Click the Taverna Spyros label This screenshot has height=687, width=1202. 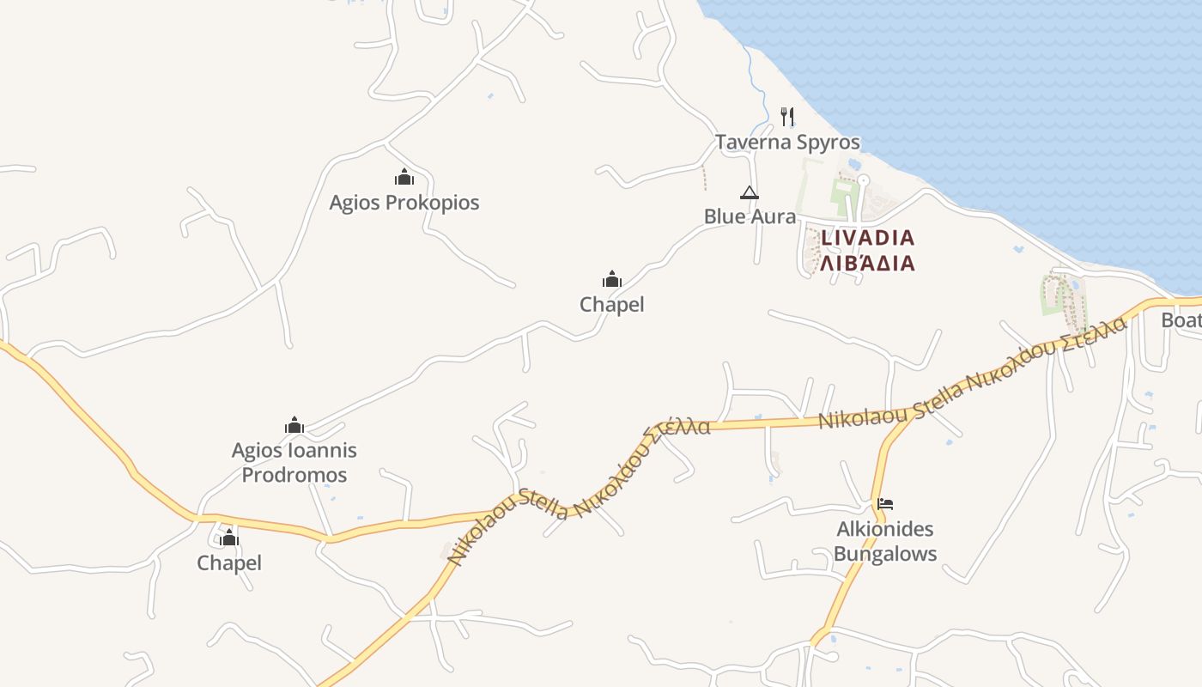(x=787, y=142)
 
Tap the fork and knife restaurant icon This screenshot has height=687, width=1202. (x=787, y=116)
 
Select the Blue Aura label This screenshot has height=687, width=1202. (x=750, y=216)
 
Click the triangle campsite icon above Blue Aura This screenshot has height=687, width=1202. (x=750, y=192)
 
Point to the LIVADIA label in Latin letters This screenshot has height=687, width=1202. (x=867, y=237)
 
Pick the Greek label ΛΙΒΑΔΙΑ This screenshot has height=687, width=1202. (x=867, y=263)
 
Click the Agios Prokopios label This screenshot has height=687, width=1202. (x=404, y=203)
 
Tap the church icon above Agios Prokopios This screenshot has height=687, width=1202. (x=404, y=178)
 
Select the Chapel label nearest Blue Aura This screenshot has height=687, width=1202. (x=611, y=304)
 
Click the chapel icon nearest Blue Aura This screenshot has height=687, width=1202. (x=611, y=279)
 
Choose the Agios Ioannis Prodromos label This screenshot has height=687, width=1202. (x=294, y=462)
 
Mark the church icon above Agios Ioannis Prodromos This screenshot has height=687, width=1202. (x=294, y=425)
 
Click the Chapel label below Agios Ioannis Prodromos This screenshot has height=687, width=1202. (x=229, y=562)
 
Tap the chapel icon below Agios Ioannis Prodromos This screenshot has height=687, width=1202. (x=229, y=538)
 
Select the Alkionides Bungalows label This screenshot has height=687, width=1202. (x=885, y=541)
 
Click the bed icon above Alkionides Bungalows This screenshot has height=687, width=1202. (x=885, y=503)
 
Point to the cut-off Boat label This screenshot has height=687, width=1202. (x=1181, y=320)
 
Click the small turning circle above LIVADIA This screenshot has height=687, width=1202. (x=864, y=180)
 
